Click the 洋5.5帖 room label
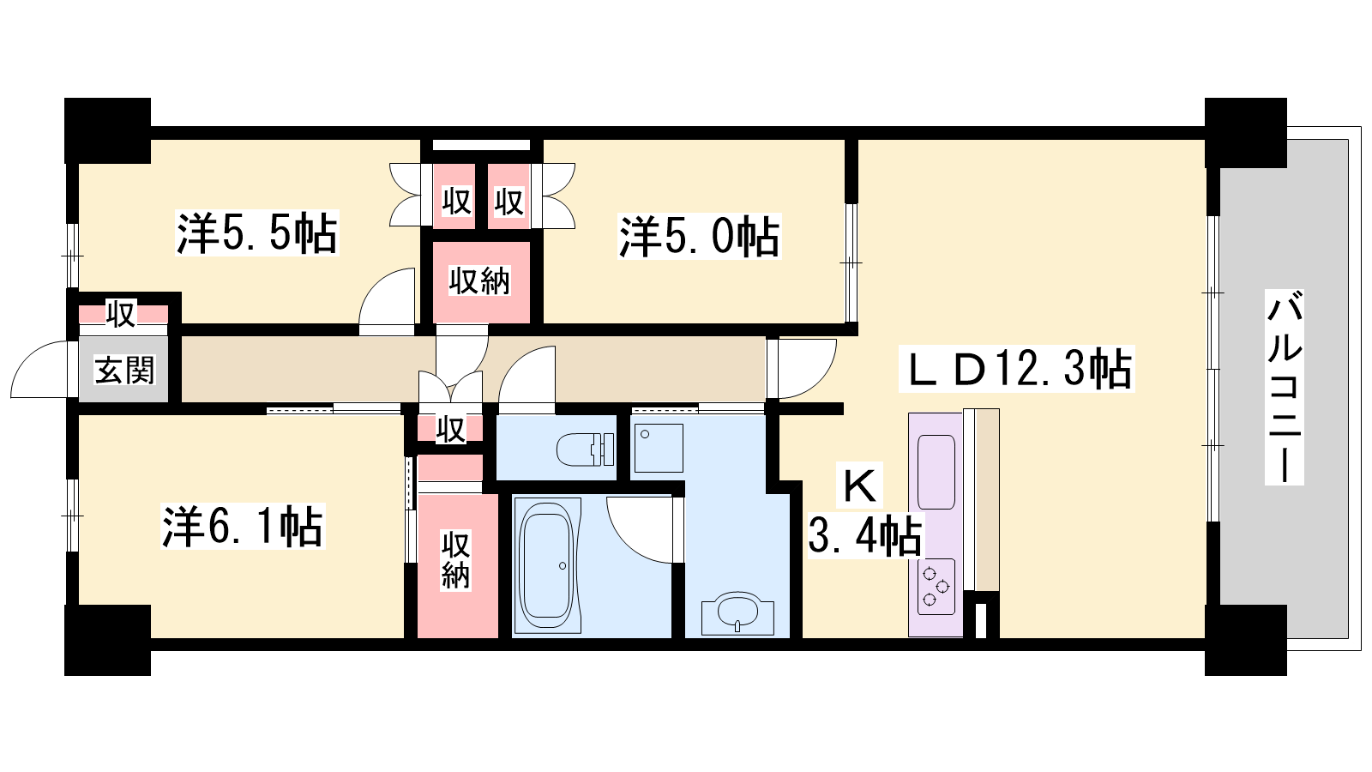[257, 232]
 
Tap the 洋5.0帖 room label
[700, 236]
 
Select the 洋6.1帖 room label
[243, 527]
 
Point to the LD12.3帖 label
[1017, 369]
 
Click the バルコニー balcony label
[1285, 388]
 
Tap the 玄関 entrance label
[124, 370]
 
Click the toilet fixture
[585, 449]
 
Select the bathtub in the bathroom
[547, 565]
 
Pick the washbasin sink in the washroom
[738, 612]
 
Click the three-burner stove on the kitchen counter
[936, 587]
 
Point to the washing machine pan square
[659, 448]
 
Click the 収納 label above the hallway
[479, 281]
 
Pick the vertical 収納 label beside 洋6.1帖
[455, 561]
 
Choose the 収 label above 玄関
[121, 314]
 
